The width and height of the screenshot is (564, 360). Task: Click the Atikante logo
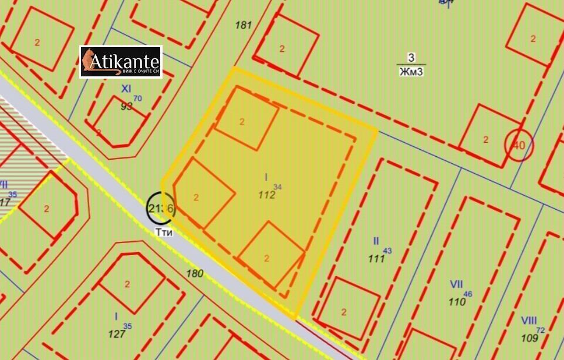(120, 62)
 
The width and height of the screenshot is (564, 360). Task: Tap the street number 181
(243, 25)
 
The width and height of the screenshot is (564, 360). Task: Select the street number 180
(194, 273)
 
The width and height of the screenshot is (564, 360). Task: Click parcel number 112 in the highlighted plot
(266, 195)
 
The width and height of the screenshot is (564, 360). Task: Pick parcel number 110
(457, 302)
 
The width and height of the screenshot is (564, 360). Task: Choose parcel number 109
(530, 338)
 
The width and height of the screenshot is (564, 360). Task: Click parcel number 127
(117, 334)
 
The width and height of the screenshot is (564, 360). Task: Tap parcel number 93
(126, 106)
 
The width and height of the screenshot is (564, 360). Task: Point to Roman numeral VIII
(529, 321)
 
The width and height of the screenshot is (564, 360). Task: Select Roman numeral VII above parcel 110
(456, 284)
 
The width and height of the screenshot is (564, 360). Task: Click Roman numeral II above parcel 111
(376, 241)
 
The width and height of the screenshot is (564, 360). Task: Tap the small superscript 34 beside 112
(278, 187)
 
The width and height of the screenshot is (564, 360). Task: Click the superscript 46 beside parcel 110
(468, 294)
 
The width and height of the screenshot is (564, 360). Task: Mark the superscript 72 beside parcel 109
(541, 330)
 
